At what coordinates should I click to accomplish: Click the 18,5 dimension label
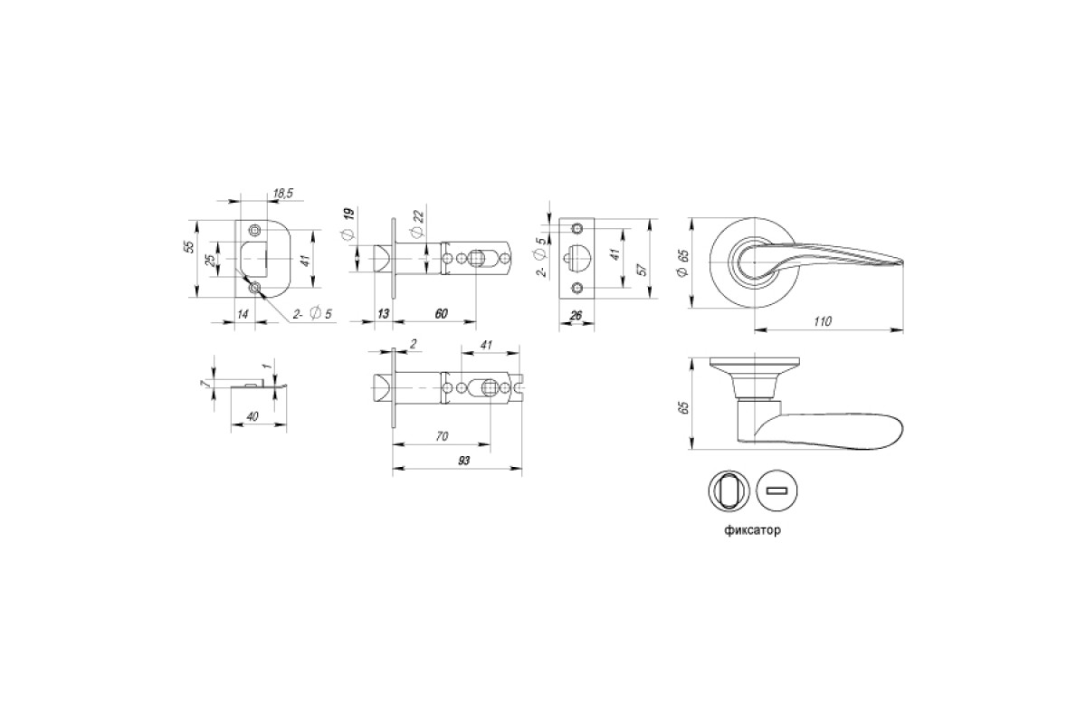pos(283,194)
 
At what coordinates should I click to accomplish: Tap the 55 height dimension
pos(190,247)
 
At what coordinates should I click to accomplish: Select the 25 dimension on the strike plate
pos(211,261)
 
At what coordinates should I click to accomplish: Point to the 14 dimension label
pos(243,314)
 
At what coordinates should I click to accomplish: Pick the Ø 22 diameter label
pos(418,223)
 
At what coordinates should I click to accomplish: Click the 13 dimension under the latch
pos(383,314)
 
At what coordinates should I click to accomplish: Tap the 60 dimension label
pos(441,314)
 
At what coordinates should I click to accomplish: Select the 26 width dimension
pos(576,316)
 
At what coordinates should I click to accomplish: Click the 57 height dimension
pos(643,270)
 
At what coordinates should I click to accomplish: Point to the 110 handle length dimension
pos(823,321)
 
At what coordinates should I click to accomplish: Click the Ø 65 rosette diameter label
pos(683,262)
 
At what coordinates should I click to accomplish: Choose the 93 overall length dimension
pos(464,461)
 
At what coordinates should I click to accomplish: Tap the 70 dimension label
pos(442,436)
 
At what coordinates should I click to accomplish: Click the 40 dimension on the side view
pos(252,416)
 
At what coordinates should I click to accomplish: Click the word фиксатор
pos(752,530)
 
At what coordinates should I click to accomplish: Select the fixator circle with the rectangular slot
pos(777,491)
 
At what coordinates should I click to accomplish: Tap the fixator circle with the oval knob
pos(729,491)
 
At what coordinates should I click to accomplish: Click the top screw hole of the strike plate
pos(254,230)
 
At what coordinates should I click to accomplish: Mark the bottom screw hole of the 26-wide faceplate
pos(577,288)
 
